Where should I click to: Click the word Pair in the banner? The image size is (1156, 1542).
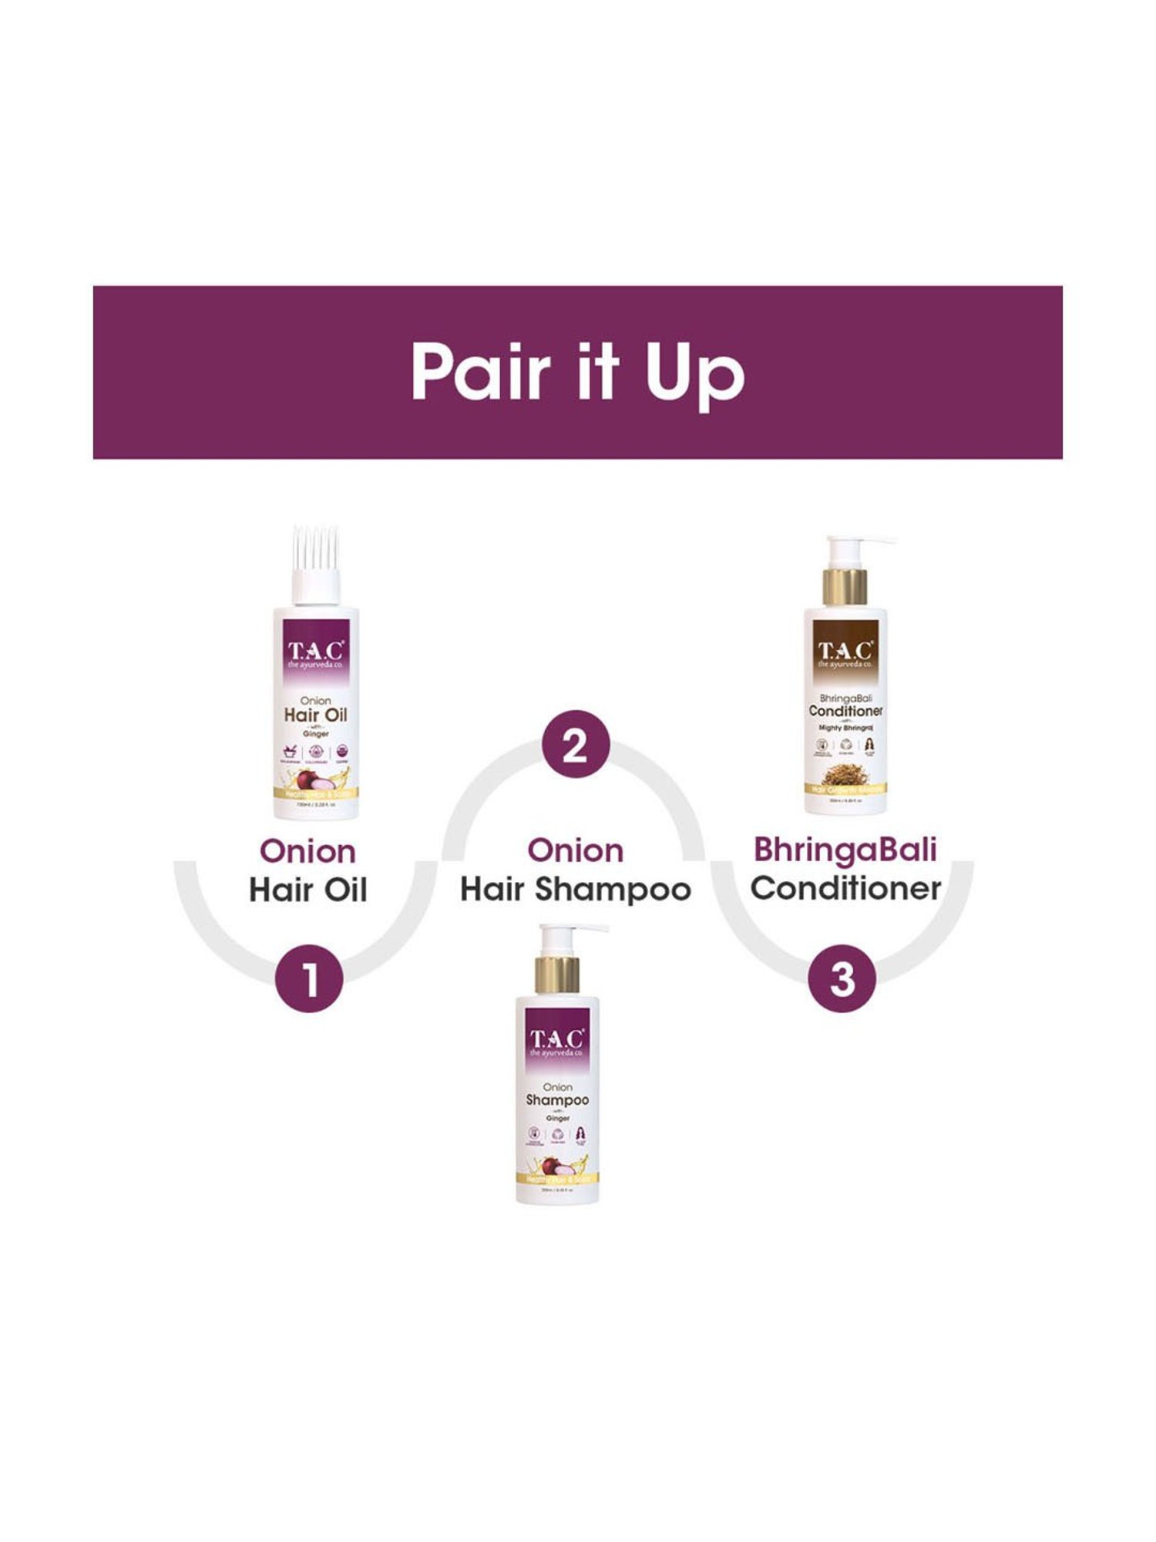481,372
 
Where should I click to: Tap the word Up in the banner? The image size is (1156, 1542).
694,375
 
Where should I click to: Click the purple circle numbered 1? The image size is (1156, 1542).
309,978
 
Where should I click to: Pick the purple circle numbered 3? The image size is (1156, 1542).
842,978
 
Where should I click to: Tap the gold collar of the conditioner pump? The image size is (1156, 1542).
845,587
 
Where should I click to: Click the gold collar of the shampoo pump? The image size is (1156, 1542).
557,975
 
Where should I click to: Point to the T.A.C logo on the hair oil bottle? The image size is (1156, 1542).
316,652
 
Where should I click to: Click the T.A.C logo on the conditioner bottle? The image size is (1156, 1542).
845,652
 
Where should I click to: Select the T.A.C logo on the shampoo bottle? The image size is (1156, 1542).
557,1040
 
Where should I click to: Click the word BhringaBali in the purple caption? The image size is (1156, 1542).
845,850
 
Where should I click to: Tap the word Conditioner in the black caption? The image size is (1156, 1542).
845,888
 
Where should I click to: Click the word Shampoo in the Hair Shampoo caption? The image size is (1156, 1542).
613,890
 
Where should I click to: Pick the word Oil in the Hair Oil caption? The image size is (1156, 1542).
344,890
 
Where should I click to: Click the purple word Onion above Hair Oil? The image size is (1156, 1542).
307,851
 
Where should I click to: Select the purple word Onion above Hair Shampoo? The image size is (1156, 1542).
575,850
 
